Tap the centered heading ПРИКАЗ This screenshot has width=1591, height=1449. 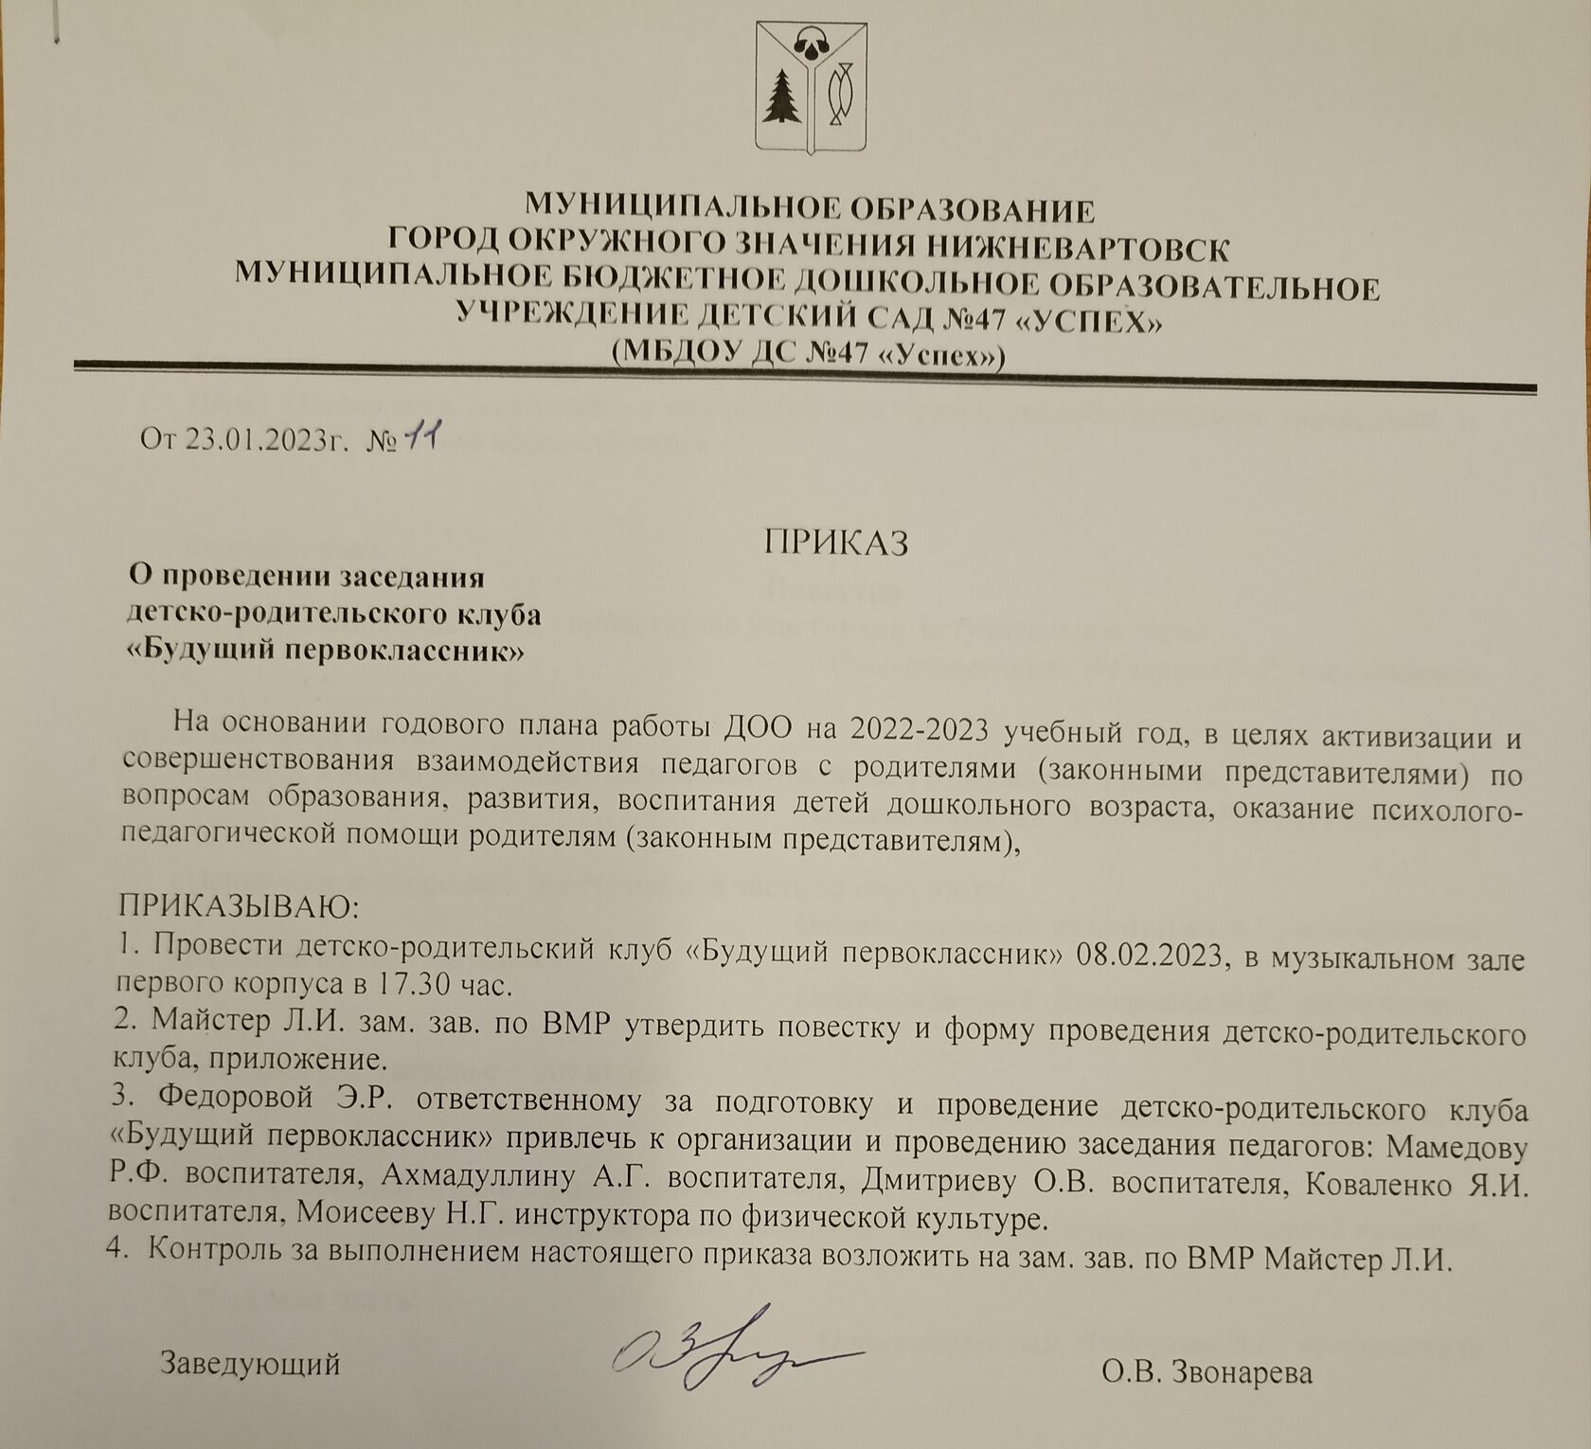click(x=836, y=543)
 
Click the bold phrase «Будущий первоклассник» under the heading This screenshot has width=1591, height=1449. click(x=326, y=652)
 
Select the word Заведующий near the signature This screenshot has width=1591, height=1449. click(x=250, y=1364)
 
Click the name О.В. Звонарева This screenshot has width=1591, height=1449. click(x=1207, y=1372)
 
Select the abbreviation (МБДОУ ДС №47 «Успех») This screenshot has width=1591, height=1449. click(x=808, y=354)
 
